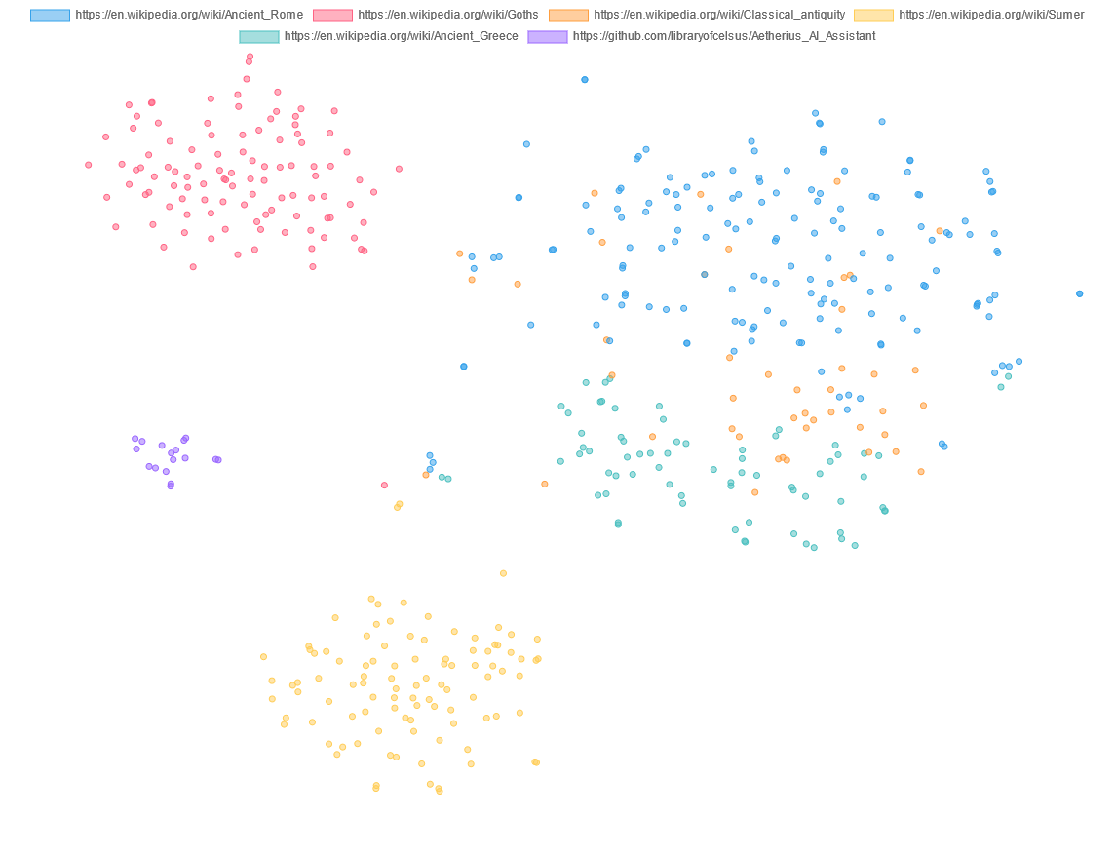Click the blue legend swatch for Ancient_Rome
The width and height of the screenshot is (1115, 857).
point(50,16)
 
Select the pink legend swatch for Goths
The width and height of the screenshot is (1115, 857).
point(332,16)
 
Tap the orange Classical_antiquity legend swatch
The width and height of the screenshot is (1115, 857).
point(568,16)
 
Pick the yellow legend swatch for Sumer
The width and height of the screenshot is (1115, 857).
point(873,16)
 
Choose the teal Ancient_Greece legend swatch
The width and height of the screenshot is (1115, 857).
point(258,37)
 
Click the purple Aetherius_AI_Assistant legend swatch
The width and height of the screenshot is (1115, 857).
point(547,37)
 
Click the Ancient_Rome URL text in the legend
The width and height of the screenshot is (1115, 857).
point(189,16)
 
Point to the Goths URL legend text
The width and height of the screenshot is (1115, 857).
point(447,16)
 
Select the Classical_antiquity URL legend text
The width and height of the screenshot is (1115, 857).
point(719,16)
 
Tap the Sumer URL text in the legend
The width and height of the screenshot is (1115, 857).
point(991,16)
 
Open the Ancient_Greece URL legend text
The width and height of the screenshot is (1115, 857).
point(401,37)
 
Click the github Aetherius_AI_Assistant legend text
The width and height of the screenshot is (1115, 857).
point(724,37)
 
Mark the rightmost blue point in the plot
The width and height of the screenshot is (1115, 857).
point(1079,293)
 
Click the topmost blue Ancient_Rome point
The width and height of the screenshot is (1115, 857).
point(585,80)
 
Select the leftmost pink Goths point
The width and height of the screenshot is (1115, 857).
point(89,165)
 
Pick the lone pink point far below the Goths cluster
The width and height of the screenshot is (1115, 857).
point(384,485)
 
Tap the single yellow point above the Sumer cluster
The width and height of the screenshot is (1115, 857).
point(503,573)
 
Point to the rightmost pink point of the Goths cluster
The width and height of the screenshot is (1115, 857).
point(399,169)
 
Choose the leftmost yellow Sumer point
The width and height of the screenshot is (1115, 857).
point(263,657)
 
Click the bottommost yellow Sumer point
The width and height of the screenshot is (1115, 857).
point(440,791)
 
